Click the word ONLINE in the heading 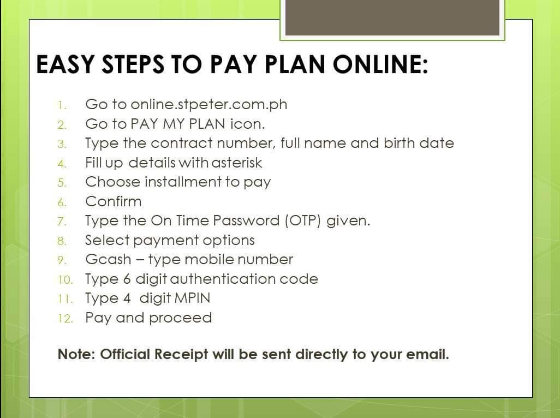(x=380, y=64)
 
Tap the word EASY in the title (x=65, y=64)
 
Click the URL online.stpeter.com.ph (x=209, y=104)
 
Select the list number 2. (x=62, y=125)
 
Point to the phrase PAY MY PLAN (x=178, y=124)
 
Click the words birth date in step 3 (x=419, y=143)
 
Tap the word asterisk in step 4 (x=236, y=163)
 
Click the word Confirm (x=113, y=201)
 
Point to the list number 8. (x=62, y=241)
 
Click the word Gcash (x=108, y=260)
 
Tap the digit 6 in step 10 (x=127, y=279)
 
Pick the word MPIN (x=193, y=298)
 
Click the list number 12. (x=65, y=318)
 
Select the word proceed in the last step (x=180, y=318)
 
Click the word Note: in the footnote (x=76, y=354)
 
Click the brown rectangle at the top (x=392, y=17)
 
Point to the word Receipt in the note (x=181, y=355)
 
